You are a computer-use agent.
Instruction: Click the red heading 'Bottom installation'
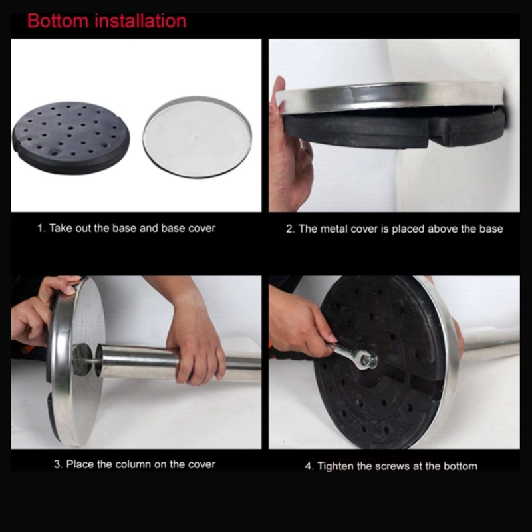pos(107,21)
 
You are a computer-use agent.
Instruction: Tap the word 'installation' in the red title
pos(140,21)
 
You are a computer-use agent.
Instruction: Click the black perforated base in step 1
pos(70,138)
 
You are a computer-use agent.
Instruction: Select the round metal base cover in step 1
pos(197,137)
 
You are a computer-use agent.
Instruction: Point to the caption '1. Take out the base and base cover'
pos(126,228)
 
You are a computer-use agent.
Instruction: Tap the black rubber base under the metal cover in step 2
pos(394,129)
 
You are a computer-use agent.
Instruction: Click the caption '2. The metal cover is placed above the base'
pos(394,229)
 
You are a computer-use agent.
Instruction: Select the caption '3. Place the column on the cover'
pos(134,464)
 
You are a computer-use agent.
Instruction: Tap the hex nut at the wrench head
pos(366,360)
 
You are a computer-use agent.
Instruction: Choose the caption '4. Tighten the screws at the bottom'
pos(391,466)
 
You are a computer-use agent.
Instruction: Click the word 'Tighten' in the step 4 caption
pos(335,466)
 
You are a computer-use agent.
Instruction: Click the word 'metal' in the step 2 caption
pos(334,229)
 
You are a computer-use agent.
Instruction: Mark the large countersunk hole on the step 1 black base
pos(53,152)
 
